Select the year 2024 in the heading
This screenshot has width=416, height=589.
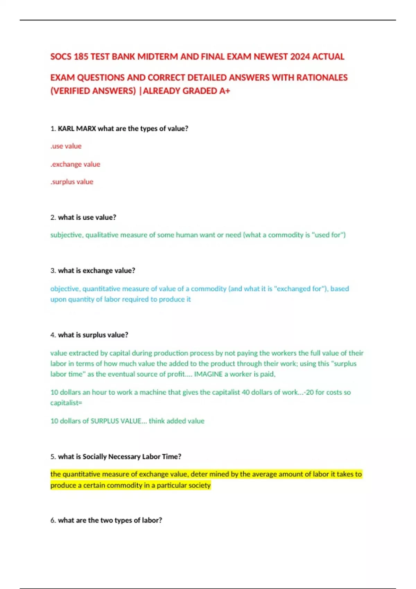[x=300, y=56]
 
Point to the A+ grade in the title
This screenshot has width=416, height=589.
[x=225, y=91]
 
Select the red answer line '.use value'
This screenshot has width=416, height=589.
[x=66, y=146]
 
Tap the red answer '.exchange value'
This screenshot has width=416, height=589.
[x=75, y=164]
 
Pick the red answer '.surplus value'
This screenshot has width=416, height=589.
[x=72, y=182]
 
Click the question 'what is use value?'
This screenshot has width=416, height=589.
[x=87, y=218]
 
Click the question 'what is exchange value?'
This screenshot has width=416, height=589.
[x=96, y=271]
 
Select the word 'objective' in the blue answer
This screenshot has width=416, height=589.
[x=65, y=289]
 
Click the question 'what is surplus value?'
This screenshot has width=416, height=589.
[x=93, y=335]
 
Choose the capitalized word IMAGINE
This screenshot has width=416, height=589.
[x=208, y=374]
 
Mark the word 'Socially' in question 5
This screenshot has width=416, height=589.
[x=95, y=457]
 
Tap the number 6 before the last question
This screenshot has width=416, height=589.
[x=53, y=520]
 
